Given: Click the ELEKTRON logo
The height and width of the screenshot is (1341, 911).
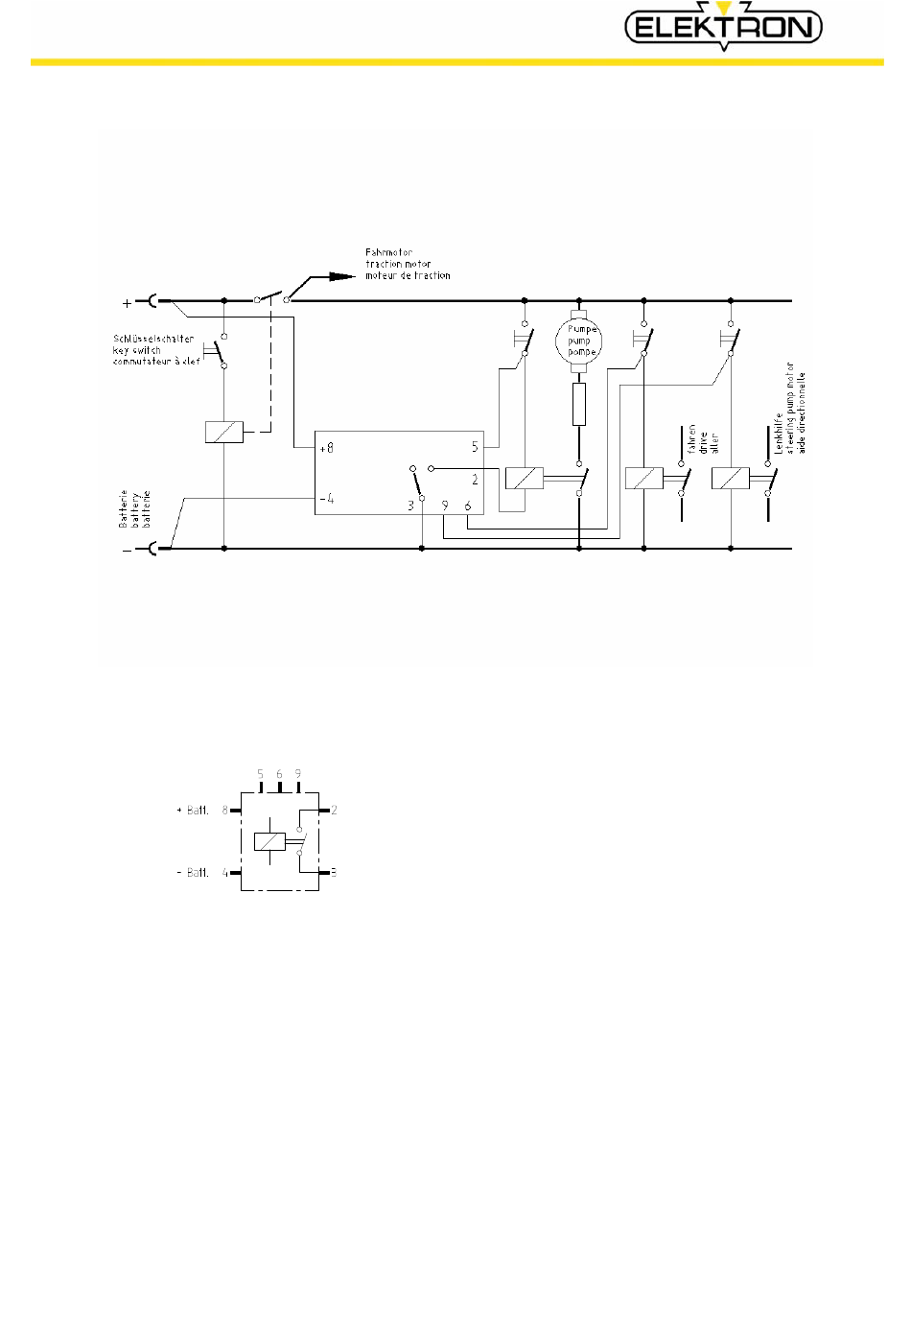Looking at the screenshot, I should tap(724, 27).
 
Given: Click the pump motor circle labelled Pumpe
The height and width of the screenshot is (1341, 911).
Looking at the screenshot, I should tap(579, 341).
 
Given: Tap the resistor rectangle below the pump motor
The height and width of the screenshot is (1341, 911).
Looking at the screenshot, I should tap(578, 404).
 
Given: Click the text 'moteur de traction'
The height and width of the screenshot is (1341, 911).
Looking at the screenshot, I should tap(408, 276).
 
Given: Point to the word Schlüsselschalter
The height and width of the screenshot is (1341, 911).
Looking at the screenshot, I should tap(153, 339).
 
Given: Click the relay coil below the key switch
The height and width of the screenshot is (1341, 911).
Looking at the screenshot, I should tap(223, 433).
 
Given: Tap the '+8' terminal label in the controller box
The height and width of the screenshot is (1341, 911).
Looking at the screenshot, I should tap(326, 447).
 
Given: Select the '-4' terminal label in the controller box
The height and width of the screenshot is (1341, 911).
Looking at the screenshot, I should tap(326, 498).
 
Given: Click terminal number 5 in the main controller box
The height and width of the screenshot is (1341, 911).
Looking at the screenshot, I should tap(475, 447).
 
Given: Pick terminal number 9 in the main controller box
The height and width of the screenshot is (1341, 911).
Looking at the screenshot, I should tap(445, 506).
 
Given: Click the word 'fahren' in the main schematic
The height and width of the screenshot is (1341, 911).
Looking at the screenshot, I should tap(691, 440).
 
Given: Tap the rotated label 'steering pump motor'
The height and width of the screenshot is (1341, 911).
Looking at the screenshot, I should tap(791, 408).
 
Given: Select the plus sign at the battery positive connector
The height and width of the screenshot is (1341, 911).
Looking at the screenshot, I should tap(128, 303).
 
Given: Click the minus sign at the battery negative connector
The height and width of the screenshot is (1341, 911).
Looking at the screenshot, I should tap(128, 551).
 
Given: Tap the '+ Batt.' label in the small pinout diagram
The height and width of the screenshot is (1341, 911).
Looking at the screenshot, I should tap(193, 811).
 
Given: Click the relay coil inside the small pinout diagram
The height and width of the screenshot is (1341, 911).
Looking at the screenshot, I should tap(269, 841).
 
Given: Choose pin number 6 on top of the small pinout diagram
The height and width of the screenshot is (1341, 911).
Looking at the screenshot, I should tap(279, 774).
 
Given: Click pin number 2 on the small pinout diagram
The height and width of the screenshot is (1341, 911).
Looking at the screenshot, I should tap(334, 811).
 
